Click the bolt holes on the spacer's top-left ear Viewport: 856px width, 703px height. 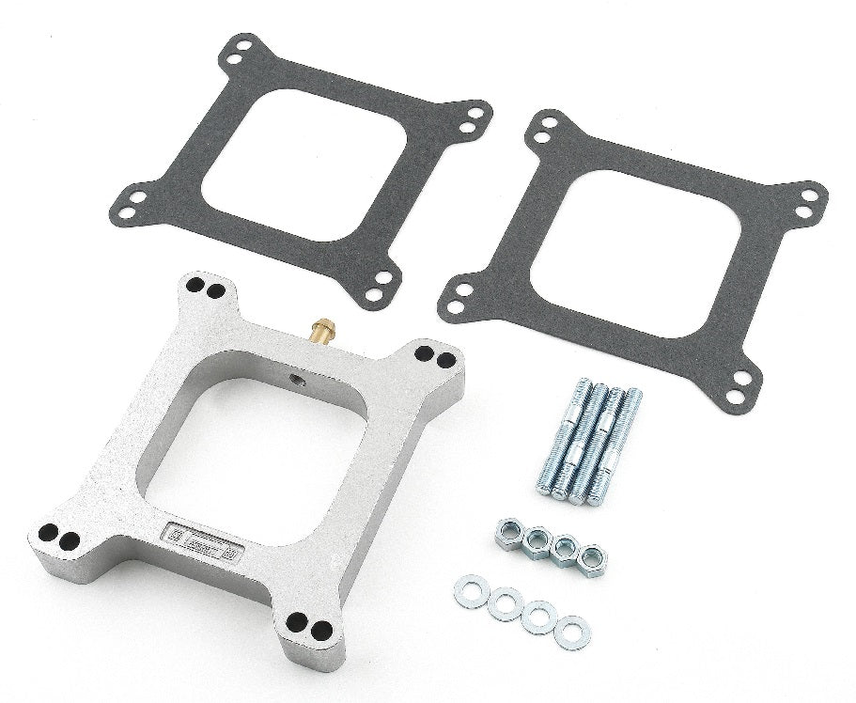click(205, 289)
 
